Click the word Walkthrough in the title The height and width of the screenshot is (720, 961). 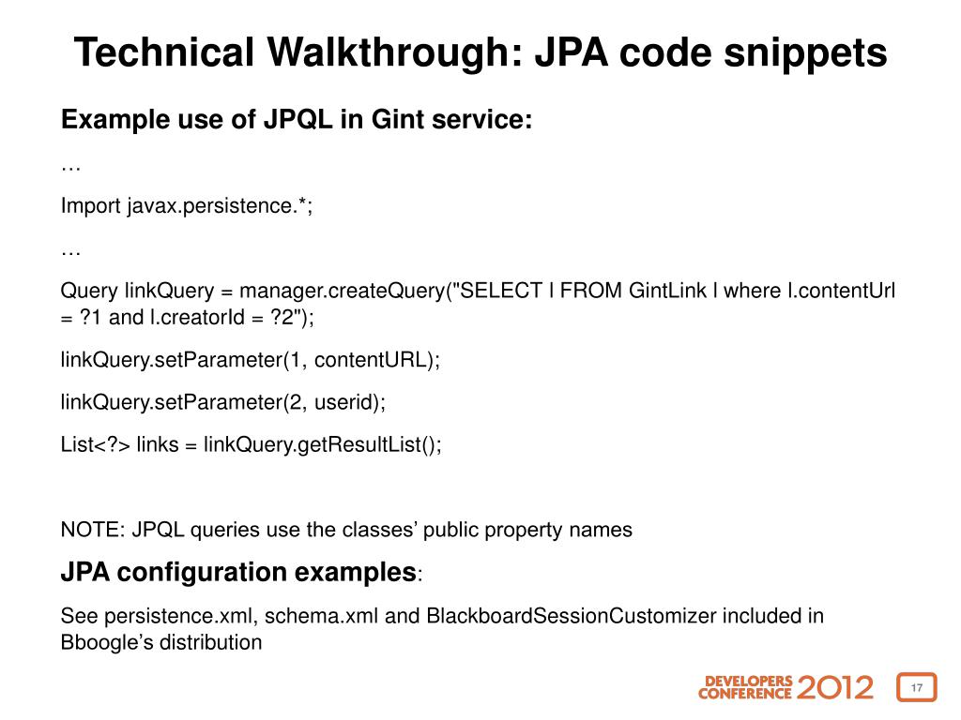tap(387, 52)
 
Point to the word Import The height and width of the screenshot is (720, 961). tap(91, 206)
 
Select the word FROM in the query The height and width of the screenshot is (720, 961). tap(592, 291)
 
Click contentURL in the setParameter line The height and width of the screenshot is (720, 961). tap(385, 360)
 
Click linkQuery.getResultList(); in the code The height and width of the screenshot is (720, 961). tap(322, 444)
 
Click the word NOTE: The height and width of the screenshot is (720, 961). tap(93, 530)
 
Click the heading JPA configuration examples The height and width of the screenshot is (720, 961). tap(238, 572)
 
